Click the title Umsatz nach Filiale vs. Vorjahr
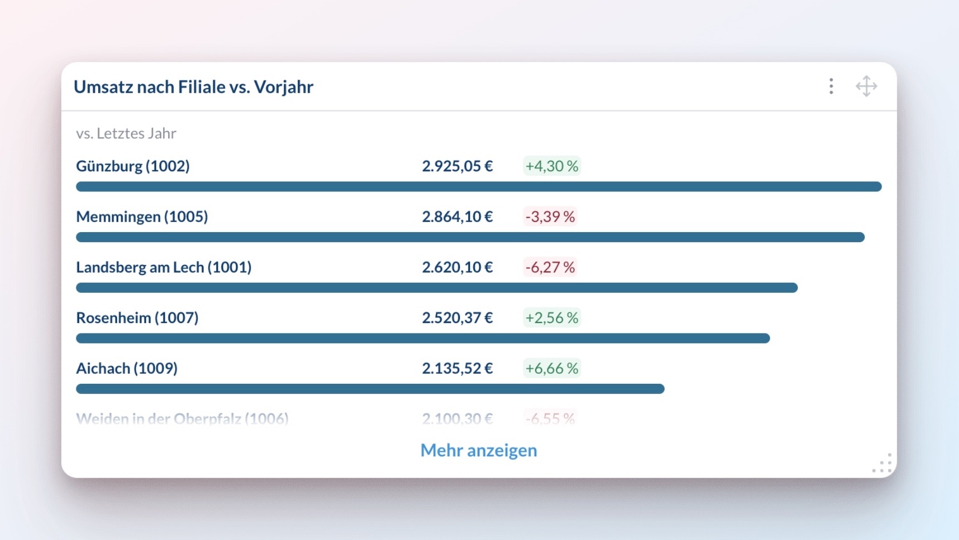(193, 87)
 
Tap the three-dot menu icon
(831, 86)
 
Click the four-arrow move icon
(866, 86)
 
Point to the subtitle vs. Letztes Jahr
(126, 133)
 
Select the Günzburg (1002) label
(133, 166)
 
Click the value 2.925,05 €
(457, 166)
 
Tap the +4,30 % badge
(551, 166)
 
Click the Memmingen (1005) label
(142, 216)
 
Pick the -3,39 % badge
(550, 216)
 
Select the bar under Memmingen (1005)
(470, 237)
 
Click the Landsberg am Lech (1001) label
(163, 267)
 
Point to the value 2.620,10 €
(457, 267)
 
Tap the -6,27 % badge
(550, 267)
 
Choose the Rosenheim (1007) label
(137, 318)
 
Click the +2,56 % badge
(551, 318)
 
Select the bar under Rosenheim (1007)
(423, 339)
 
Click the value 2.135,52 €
(457, 368)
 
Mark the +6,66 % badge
(551, 368)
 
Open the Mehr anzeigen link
(478, 450)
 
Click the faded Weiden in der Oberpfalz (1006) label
(182, 418)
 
